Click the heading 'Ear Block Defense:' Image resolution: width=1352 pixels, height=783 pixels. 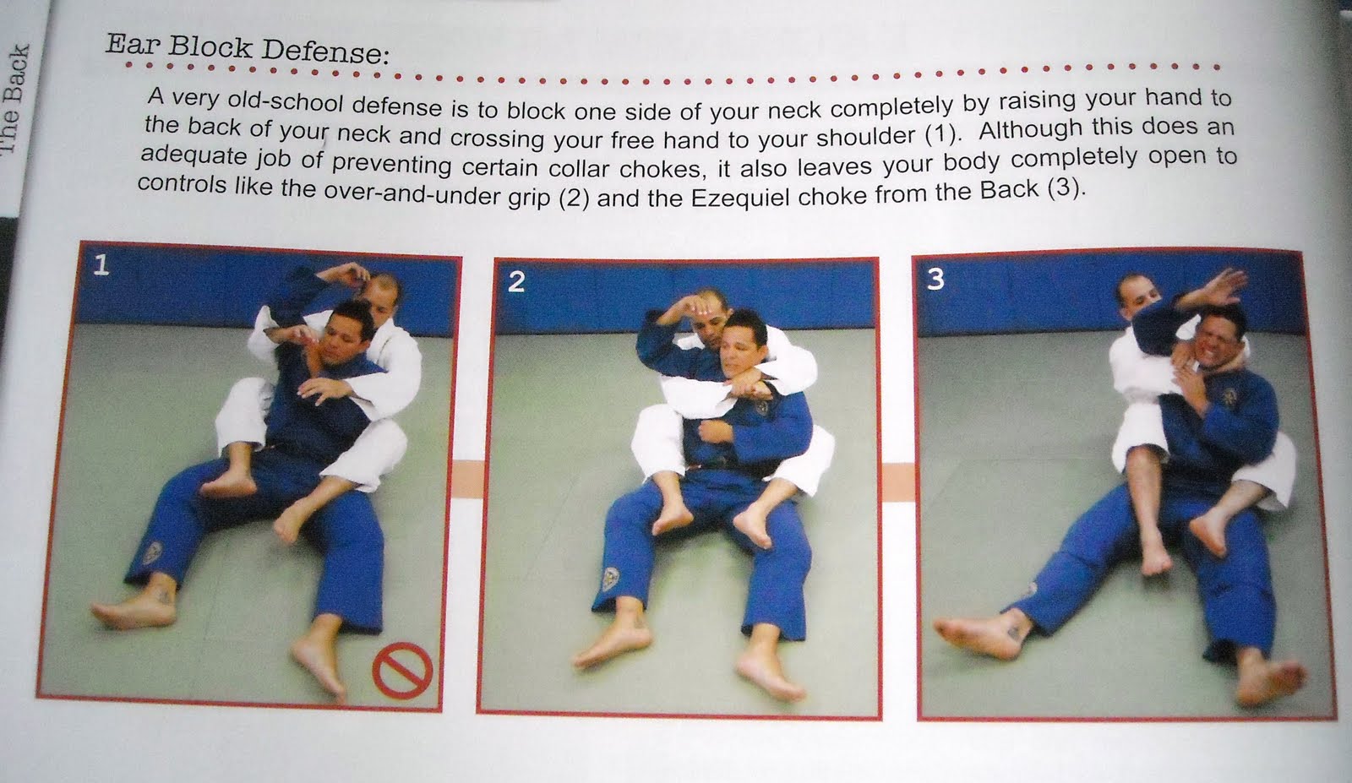(x=247, y=49)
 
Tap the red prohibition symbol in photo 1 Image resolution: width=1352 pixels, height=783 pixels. (x=403, y=672)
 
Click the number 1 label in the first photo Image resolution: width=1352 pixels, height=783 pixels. (x=101, y=267)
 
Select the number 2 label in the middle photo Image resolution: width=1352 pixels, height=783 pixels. (x=516, y=281)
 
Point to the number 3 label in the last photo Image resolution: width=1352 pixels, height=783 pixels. (x=935, y=279)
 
